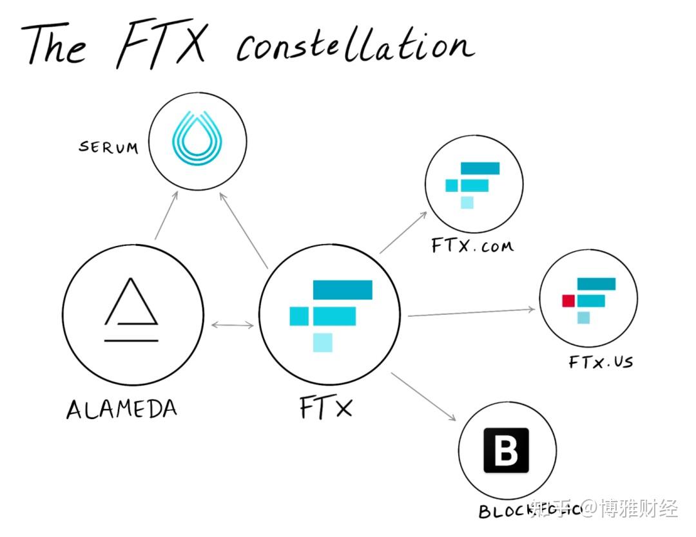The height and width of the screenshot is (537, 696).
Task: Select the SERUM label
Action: (x=108, y=147)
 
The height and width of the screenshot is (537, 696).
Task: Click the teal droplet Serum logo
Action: (x=197, y=140)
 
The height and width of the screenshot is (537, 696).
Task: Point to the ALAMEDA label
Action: (x=122, y=409)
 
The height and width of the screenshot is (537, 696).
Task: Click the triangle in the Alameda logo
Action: (x=131, y=302)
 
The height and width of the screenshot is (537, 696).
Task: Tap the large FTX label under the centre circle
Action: (x=326, y=408)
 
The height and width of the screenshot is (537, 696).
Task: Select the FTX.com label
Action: (x=473, y=246)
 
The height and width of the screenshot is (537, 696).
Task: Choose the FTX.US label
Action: (x=601, y=362)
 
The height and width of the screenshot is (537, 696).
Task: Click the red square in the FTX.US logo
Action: (x=568, y=301)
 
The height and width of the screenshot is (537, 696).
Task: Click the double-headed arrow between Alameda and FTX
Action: (x=233, y=325)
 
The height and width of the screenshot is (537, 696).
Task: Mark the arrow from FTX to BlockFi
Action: (x=423, y=397)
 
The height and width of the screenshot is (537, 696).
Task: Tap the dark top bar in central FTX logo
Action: (x=342, y=290)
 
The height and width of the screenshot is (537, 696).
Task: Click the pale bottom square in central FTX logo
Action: (x=323, y=343)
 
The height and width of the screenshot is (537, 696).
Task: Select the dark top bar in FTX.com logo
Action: (x=481, y=169)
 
